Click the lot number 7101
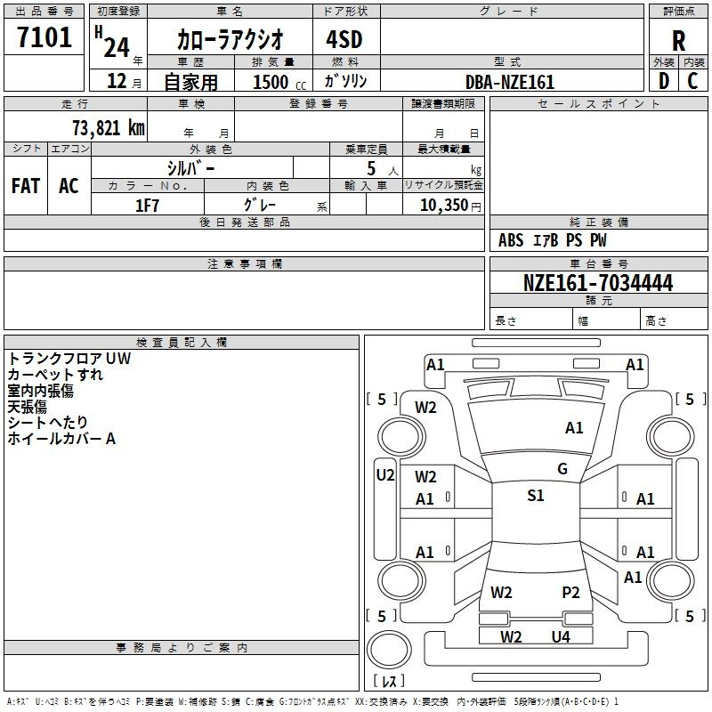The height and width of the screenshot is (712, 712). click(x=44, y=39)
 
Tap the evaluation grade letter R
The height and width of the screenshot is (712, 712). click(x=678, y=41)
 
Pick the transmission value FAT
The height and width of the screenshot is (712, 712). click(x=26, y=186)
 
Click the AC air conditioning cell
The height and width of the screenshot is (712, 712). click(x=69, y=186)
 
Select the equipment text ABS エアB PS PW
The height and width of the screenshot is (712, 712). click(x=553, y=240)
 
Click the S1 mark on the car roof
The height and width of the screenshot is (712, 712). click(x=535, y=496)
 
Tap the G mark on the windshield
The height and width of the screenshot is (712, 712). click(x=562, y=469)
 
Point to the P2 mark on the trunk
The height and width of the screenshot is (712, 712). click(x=570, y=592)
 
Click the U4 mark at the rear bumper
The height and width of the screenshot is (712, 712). click(x=560, y=636)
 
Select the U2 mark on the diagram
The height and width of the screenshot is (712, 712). click(x=384, y=475)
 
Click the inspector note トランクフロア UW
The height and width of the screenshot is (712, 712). click(x=69, y=359)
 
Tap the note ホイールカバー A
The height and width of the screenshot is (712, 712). click(x=61, y=439)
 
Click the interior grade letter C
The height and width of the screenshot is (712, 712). click(x=692, y=81)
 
